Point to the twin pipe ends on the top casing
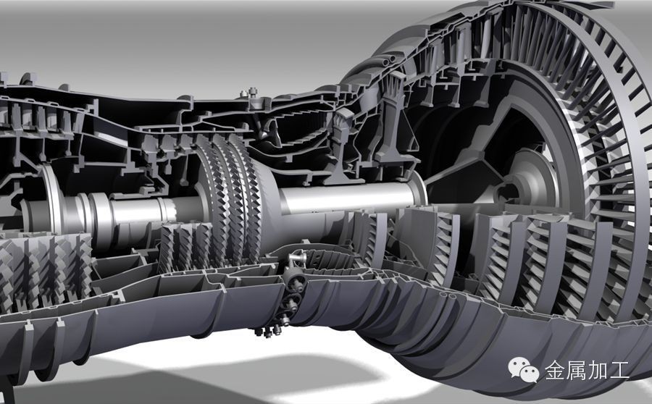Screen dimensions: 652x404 pyautogui.click(x=388, y=61)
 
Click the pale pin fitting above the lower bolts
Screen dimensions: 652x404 pyautogui.click(x=298, y=259)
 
